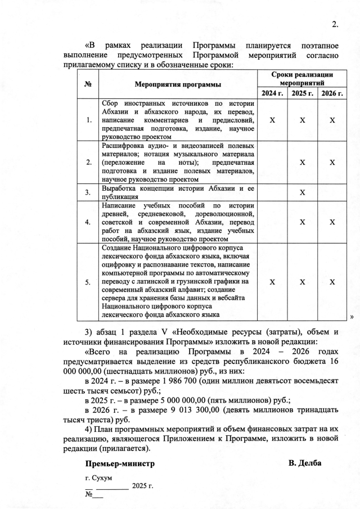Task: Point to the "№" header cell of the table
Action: pos(88,84)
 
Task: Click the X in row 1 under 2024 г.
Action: pos(272,120)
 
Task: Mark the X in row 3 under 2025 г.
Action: pos(303,192)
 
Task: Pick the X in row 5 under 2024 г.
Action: pos(272,282)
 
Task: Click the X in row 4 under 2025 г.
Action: pos(303,222)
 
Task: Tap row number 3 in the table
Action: pos(88,193)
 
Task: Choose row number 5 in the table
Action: pos(88,282)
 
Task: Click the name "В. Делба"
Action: pos(305,463)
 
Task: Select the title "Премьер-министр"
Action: pos(120,464)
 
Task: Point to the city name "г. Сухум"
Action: pos(99,478)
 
